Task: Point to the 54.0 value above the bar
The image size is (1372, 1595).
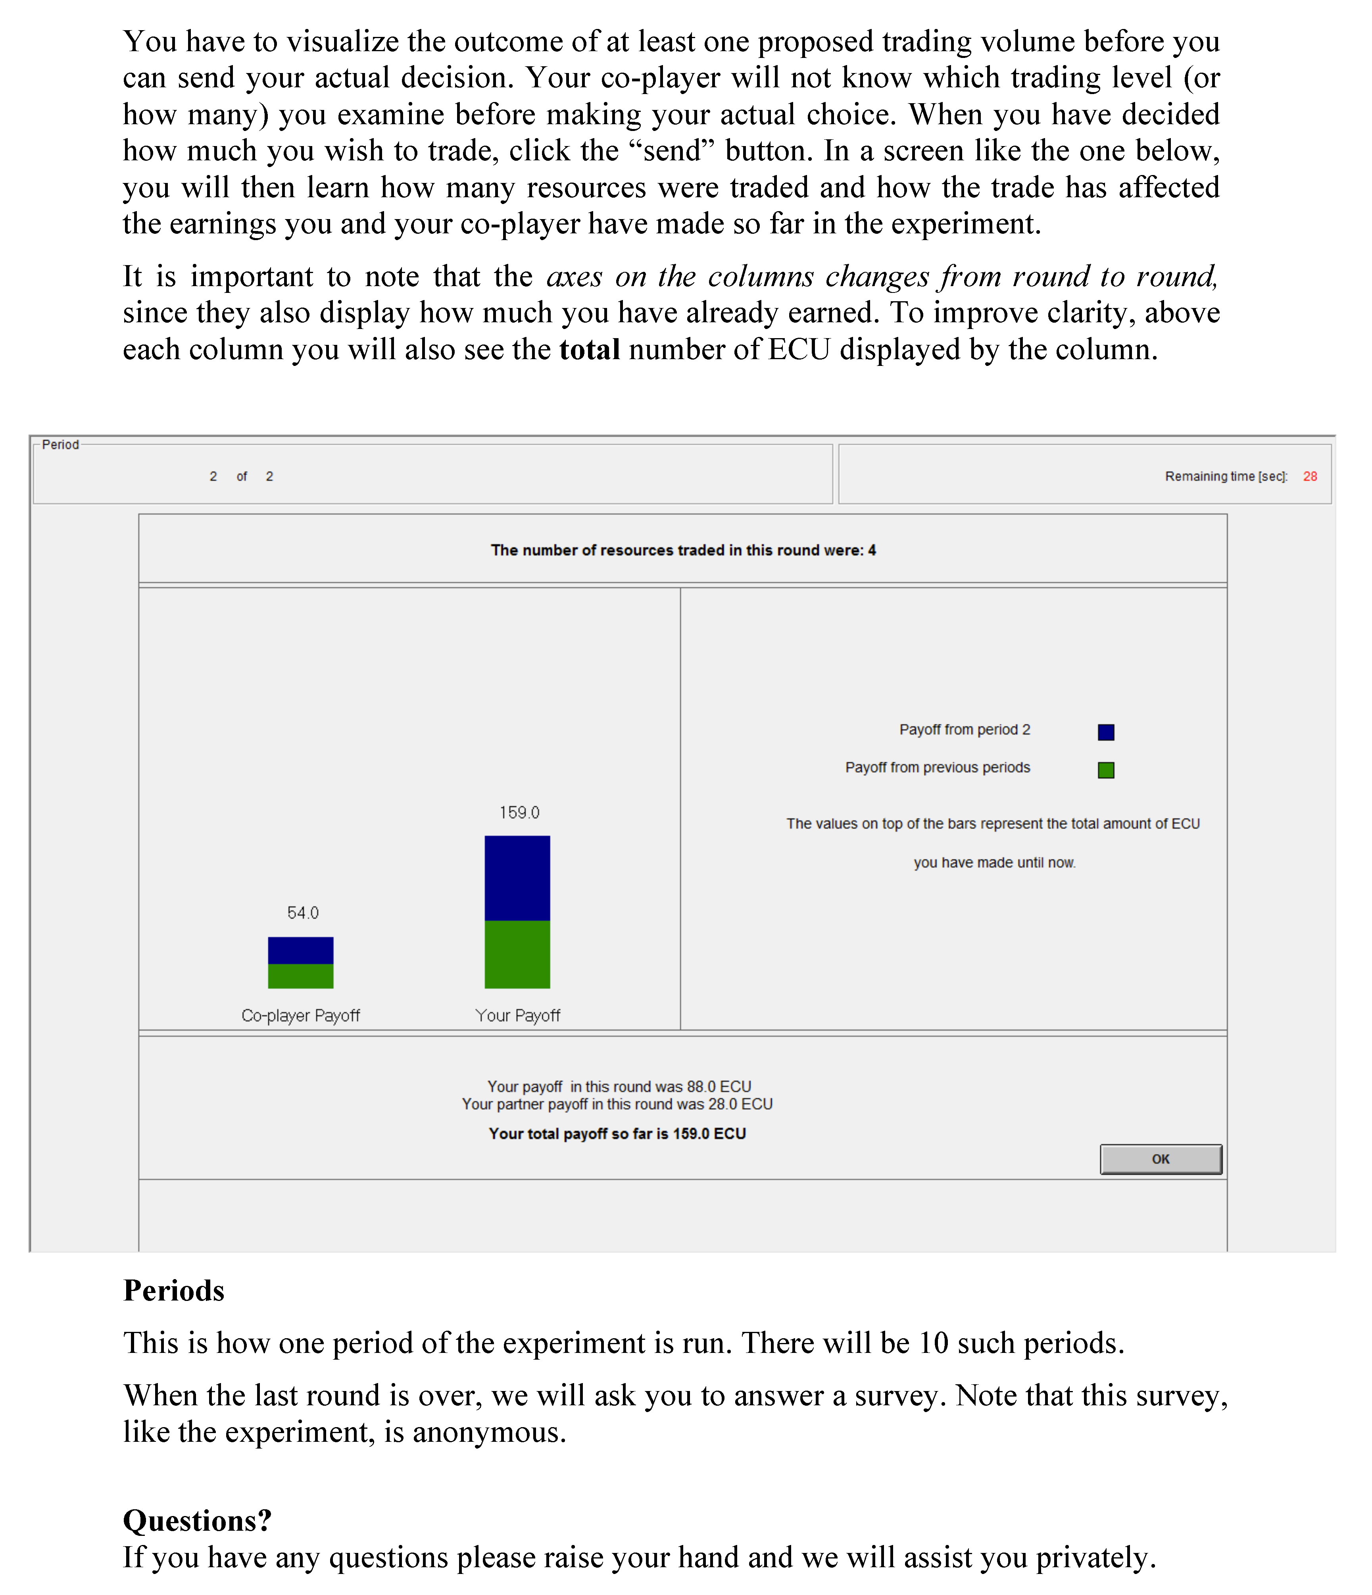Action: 302,913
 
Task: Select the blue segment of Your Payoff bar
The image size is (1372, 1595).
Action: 517,877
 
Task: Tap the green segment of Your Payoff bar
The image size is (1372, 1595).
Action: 517,954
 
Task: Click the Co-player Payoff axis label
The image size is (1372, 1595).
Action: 301,1015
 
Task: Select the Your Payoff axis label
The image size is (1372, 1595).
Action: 518,1015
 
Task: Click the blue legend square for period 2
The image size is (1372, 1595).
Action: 1106,732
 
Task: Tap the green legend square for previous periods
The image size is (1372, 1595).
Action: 1106,770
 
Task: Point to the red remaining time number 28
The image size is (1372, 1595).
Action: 1310,477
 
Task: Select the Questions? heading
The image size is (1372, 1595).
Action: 197,1520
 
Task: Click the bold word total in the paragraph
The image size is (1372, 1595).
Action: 590,350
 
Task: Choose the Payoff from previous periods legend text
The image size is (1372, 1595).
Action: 937,768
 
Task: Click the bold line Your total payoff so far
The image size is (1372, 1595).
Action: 617,1133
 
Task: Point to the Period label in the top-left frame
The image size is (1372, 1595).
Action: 61,445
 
